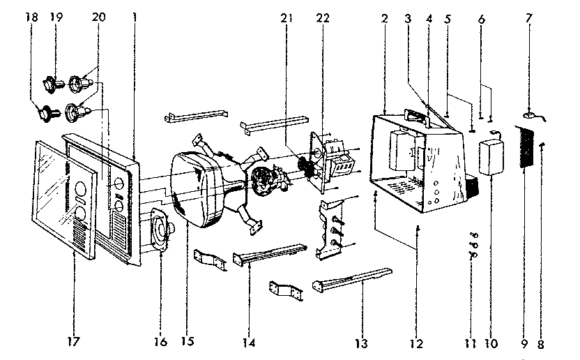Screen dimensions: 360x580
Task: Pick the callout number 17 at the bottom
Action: (73, 342)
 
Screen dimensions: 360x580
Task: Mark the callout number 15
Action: (186, 342)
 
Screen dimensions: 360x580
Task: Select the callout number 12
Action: (416, 342)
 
